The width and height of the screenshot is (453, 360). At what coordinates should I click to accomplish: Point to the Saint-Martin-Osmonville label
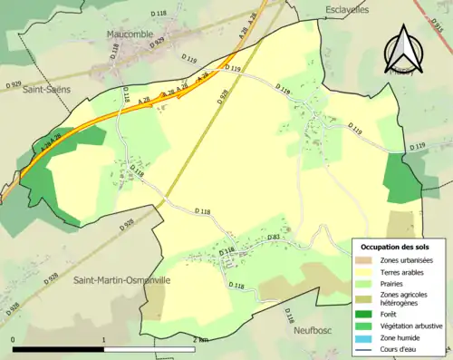click(121, 281)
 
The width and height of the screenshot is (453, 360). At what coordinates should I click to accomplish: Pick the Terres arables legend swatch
click(367, 272)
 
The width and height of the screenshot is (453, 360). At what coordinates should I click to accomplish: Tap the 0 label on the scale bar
click(14, 339)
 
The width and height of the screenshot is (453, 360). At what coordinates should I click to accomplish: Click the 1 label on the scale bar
click(104, 339)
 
